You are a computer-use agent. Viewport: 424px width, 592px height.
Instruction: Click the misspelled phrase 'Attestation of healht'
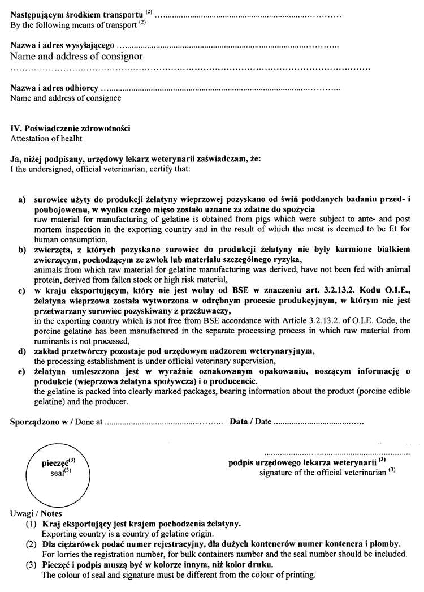point(46,138)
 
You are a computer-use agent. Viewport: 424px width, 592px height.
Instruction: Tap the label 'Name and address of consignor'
point(76,57)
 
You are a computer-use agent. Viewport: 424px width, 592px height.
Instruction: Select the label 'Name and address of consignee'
point(66,98)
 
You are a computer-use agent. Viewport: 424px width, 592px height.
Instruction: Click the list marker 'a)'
point(23,200)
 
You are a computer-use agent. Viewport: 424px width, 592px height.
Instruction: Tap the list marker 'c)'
point(23,291)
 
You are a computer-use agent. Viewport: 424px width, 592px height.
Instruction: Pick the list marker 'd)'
point(23,351)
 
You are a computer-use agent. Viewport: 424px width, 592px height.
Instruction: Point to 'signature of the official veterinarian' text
point(323,473)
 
